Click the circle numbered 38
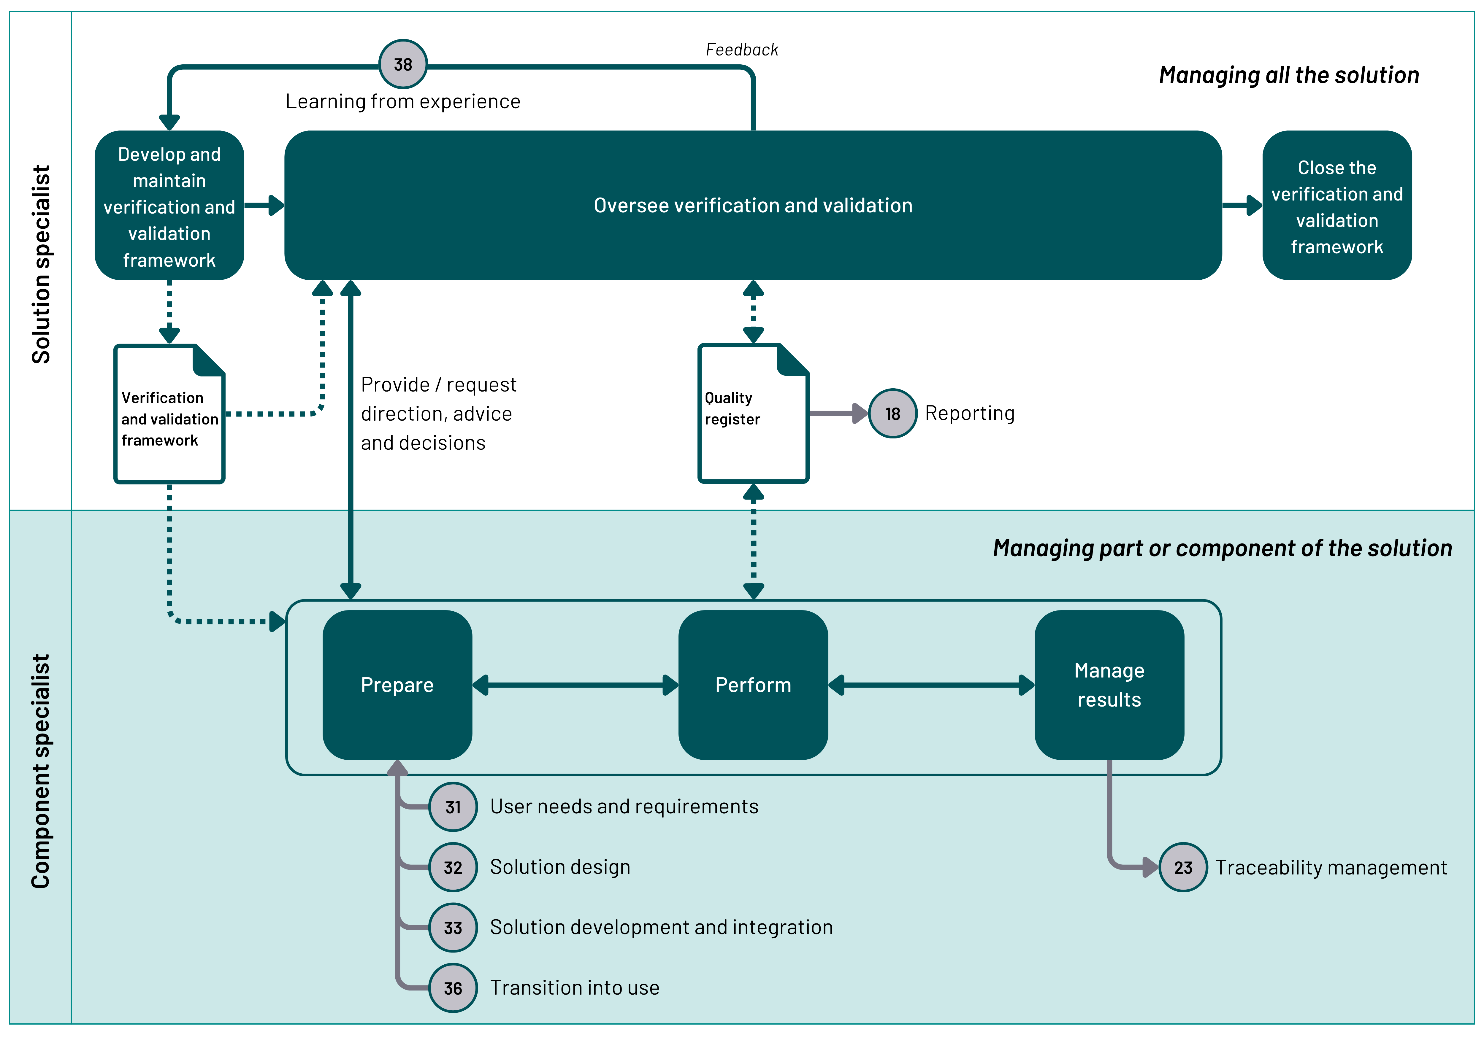(x=403, y=64)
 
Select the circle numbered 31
(x=453, y=807)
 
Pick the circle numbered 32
(x=453, y=867)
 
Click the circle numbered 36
(x=453, y=988)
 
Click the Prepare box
(x=397, y=685)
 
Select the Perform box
(x=753, y=685)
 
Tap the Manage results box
(x=1109, y=685)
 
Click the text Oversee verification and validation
(x=753, y=205)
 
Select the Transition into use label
(x=575, y=988)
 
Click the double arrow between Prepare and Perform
(x=575, y=685)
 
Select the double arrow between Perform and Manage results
(x=931, y=685)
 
